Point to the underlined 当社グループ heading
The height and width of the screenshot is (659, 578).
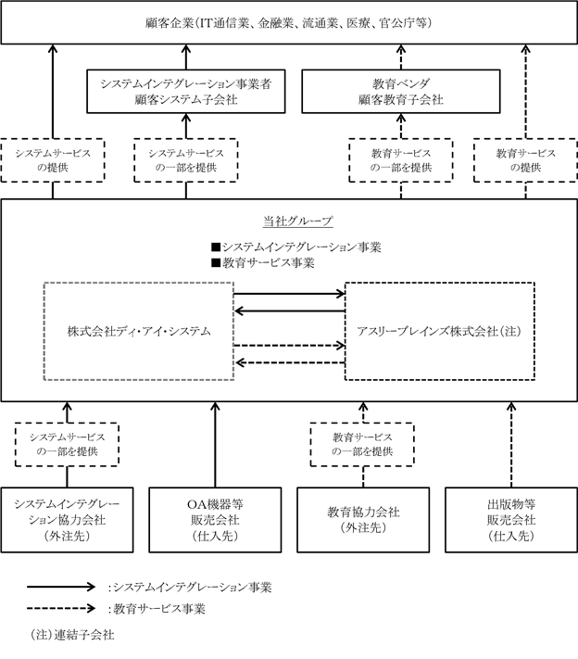pos(298,222)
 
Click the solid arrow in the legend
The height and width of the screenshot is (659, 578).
pos(61,587)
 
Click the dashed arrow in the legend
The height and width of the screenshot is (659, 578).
pos(61,608)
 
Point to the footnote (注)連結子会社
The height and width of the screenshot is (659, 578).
pos(72,635)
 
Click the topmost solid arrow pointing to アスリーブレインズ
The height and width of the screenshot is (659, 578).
pos(289,294)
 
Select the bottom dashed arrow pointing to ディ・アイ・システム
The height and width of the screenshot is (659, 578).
pos(289,362)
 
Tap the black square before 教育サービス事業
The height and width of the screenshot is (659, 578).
pos(216,262)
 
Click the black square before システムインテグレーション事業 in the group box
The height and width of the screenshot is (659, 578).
pos(216,247)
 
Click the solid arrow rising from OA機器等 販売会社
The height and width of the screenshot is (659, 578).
pos(215,445)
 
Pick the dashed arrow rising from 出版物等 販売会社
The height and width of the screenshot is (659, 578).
pos(511,445)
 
